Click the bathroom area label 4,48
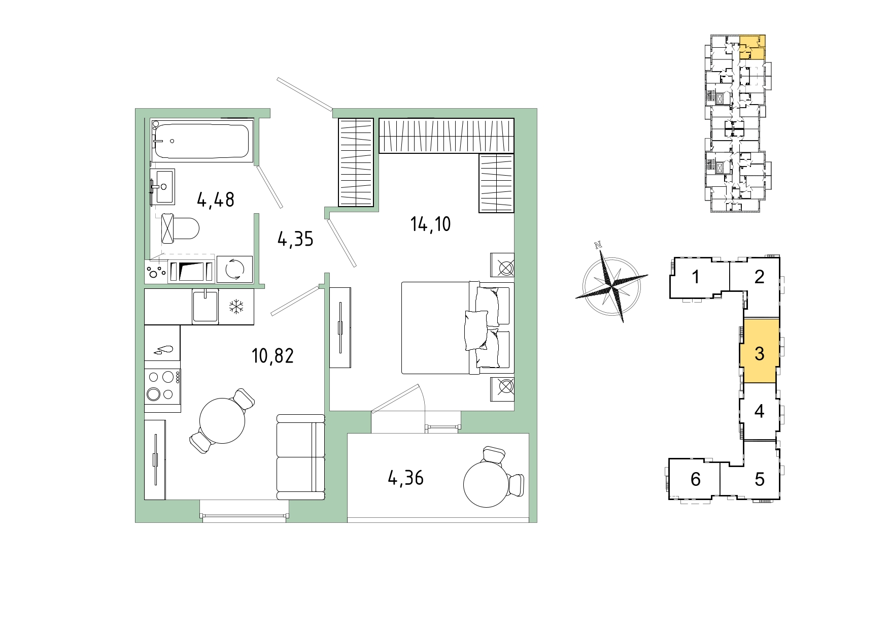pyautogui.click(x=216, y=200)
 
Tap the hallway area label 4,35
pyautogui.click(x=295, y=239)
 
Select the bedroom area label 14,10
pyautogui.click(x=430, y=224)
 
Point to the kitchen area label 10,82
pyautogui.click(x=272, y=356)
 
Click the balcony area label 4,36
pyautogui.click(x=405, y=478)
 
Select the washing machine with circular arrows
pyautogui.click(x=234, y=269)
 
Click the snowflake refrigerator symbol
pyautogui.click(x=236, y=306)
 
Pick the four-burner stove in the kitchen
pyautogui.click(x=162, y=386)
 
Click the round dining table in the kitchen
pyautogui.click(x=222, y=420)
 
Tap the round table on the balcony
pyautogui.click(x=486, y=484)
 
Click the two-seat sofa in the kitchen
pyautogui.click(x=300, y=457)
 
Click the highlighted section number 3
pyautogui.click(x=759, y=353)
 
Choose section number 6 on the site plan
pyautogui.click(x=696, y=479)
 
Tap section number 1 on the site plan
pyautogui.click(x=696, y=277)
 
